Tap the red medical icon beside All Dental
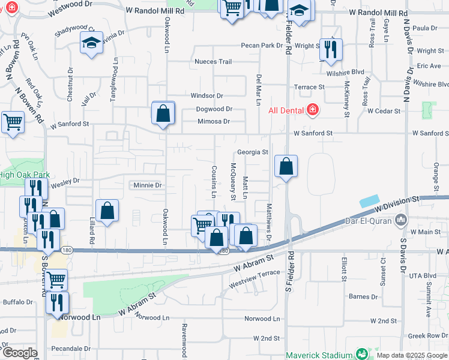312,110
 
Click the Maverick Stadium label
320,355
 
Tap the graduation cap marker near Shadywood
91,43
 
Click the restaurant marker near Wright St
330,51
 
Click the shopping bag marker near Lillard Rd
107,211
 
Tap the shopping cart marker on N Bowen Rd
13,123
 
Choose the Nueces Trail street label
212,62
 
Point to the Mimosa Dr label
214,121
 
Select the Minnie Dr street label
148,185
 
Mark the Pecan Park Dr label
262,46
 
